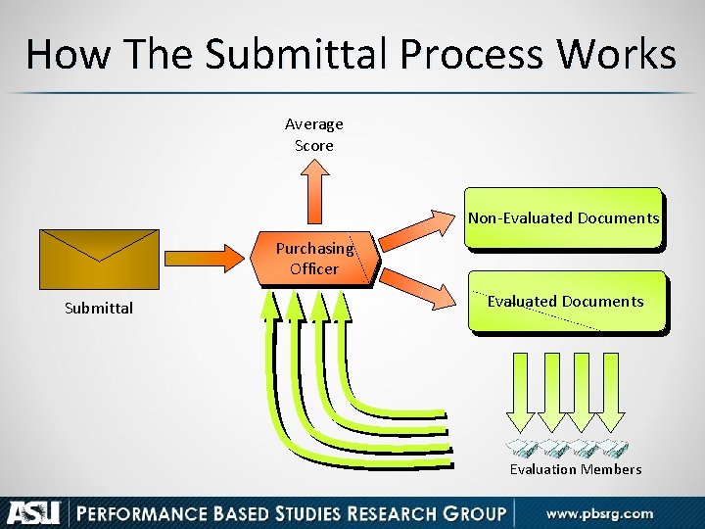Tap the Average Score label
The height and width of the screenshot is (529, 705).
314,135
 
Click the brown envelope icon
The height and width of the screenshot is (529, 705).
98,259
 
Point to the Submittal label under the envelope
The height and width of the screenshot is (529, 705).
98,309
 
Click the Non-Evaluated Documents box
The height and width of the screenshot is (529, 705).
563,217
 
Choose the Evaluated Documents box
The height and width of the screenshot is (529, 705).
566,302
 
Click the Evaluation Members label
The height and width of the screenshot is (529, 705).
576,469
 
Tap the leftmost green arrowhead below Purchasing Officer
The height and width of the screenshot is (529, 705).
269,306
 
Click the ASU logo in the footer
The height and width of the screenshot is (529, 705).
35,512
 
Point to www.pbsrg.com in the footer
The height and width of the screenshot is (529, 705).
599,513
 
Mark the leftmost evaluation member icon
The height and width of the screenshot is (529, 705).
522,449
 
